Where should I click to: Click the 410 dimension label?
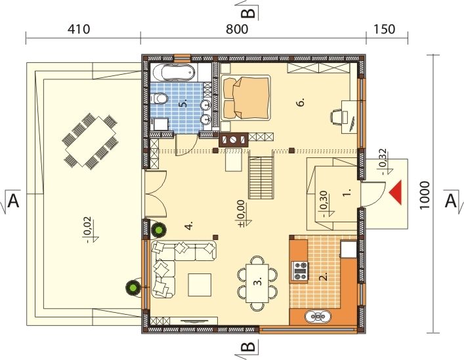[x=79, y=30]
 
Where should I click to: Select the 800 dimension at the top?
[x=237, y=30]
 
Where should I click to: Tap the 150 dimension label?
[x=384, y=30]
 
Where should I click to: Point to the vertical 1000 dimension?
[x=425, y=195]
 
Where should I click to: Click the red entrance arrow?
[x=396, y=192]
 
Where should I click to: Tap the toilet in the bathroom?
[x=159, y=98]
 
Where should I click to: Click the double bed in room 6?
[x=246, y=98]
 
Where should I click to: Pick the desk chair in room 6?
[x=336, y=116]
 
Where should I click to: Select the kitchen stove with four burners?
[x=300, y=271]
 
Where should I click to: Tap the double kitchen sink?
[x=318, y=317]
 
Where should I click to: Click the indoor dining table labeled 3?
[x=257, y=283]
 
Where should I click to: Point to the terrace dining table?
[x=91, y=142]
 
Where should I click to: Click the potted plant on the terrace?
[x=133, y=287]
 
